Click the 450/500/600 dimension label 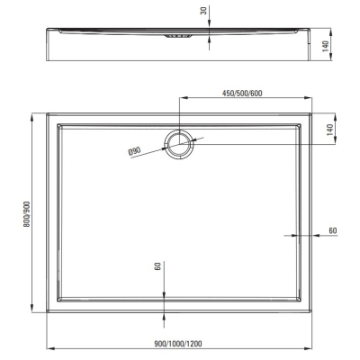pyautogui.click(x=242, y=94)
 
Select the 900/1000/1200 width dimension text pyautogui.click(x=178, y=344)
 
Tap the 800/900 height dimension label pyautogui.click(x=27, y=213)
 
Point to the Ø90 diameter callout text pyautogui.click(x=134, y=151)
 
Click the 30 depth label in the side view pyautogui.click(x=203, y=11)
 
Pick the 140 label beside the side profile pyautogui.click(x=325, y=46)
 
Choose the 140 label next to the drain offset pyautogui.click(x=329, y=130)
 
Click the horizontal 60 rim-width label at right pyautogui.click(x=333, y=230)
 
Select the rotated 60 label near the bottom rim pyautogui.click(x=157, y=265)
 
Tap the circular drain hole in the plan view pyautogui.click(x=179, y=144)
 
